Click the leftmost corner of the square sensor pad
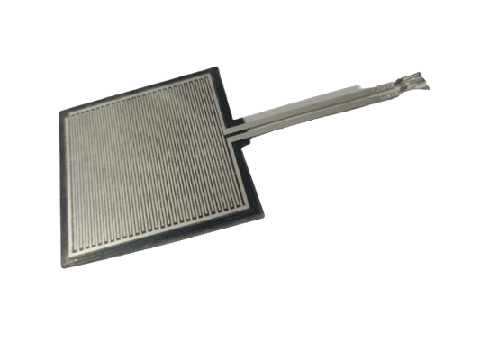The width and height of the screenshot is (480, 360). coord(60,113)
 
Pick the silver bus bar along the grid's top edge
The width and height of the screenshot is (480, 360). coord(140,98)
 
